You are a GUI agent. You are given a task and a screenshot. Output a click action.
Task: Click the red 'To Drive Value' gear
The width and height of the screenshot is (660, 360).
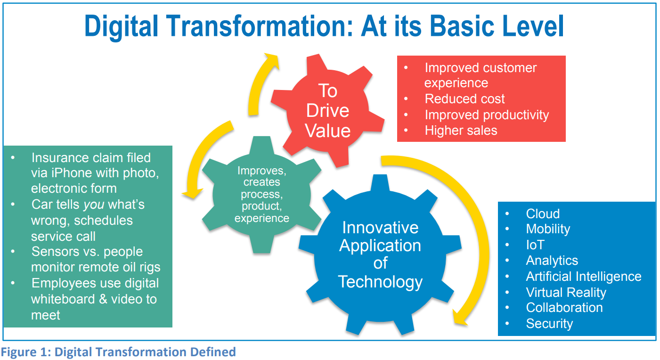(328, 110)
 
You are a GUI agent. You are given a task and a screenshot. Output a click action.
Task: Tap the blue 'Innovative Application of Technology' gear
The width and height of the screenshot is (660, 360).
(380, 254)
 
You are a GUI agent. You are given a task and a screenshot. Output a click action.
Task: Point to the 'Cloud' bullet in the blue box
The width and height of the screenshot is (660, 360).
(543, 213)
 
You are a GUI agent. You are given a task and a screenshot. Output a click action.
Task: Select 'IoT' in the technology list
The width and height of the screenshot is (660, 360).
(535, 245)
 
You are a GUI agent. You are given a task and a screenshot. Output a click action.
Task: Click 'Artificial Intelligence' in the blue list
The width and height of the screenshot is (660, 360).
(583, 276)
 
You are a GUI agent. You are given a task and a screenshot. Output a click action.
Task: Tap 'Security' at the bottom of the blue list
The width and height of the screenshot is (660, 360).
(549, 324)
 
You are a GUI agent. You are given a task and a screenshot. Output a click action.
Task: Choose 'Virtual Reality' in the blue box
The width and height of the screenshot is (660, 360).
(566, 292)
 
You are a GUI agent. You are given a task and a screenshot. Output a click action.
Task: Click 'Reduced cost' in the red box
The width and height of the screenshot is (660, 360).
(464, 99)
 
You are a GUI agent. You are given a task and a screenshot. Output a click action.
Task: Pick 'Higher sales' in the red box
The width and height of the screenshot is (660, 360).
(461, 131)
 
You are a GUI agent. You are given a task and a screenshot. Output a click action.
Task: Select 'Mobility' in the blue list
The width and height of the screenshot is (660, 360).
(548, 229)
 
